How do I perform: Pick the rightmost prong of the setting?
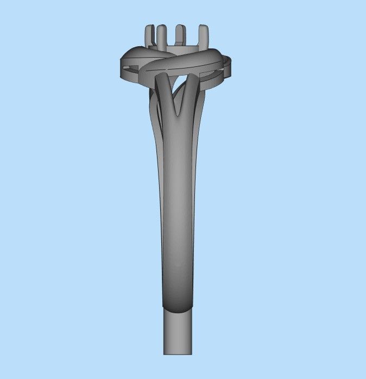[202, 36]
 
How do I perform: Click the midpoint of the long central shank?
[177, 207]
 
